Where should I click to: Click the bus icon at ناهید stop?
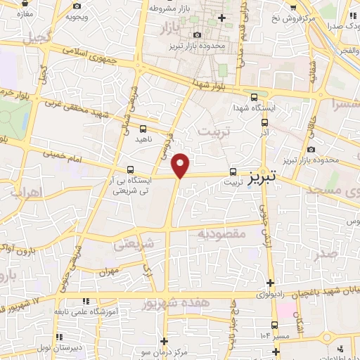pyautogui.click(x=143, y=129)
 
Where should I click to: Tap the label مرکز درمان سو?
pyautogui.click(x=163, y=350)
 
